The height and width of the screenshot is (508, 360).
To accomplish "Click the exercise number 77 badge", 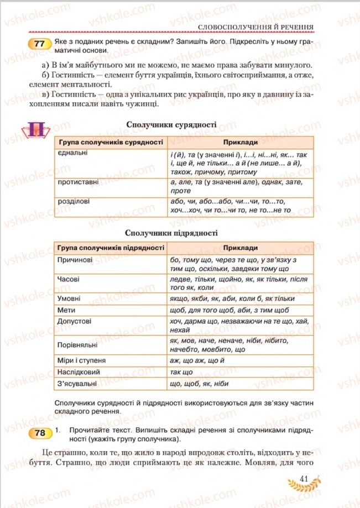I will coord(39,45).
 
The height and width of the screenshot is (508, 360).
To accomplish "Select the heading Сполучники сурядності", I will coord(171,125).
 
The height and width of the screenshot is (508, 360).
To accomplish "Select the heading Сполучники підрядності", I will coord(171,232).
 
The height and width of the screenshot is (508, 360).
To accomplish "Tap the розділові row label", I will coord(74,202).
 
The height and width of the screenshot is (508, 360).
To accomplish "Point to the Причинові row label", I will coord(76,259).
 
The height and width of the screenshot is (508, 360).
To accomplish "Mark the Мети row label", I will coord(66,310).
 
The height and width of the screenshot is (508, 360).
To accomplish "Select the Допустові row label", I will coord(75,321).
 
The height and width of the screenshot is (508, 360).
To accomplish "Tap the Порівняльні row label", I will coord(78,345).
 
